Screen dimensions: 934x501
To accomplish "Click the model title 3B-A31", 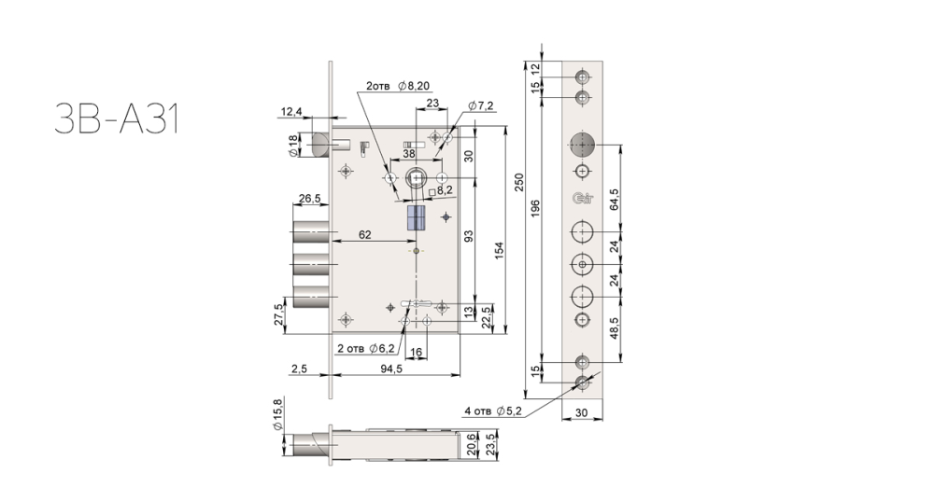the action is (x=118, y=118).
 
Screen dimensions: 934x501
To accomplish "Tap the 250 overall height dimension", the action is (x=518, y=182).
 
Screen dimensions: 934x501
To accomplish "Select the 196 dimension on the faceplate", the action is (x=535, y=208).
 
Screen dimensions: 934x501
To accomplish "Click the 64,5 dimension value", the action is (x=615, y=200).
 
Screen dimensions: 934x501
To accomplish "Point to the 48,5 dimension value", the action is (x=615, y=328).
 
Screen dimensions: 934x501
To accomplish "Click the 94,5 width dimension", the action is (x=391, y=369).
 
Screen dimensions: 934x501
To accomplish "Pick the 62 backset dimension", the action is (x=364, y=235).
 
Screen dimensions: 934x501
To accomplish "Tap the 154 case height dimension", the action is (x=499, y=250).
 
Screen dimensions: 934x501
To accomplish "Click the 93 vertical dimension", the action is (x=469, y=236).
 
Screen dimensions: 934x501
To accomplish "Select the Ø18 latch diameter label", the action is (x=292, y=146).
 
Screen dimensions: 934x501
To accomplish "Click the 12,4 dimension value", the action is (x=291, y=111).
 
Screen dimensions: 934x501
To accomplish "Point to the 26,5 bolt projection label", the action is (x=310, y=198).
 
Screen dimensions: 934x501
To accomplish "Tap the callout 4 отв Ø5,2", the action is (x=493, y=411).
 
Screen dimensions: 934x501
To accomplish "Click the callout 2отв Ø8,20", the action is (x=397, y=86).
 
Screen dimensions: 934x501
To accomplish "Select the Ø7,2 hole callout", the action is (x=481, y=106).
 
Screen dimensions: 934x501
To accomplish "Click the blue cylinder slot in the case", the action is (x=416, y=217).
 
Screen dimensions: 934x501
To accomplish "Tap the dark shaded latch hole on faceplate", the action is (x=582, y=144).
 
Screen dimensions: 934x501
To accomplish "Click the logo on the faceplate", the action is (x=583, y=199).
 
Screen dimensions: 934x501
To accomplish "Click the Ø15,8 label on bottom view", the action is (x=277, y=415).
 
